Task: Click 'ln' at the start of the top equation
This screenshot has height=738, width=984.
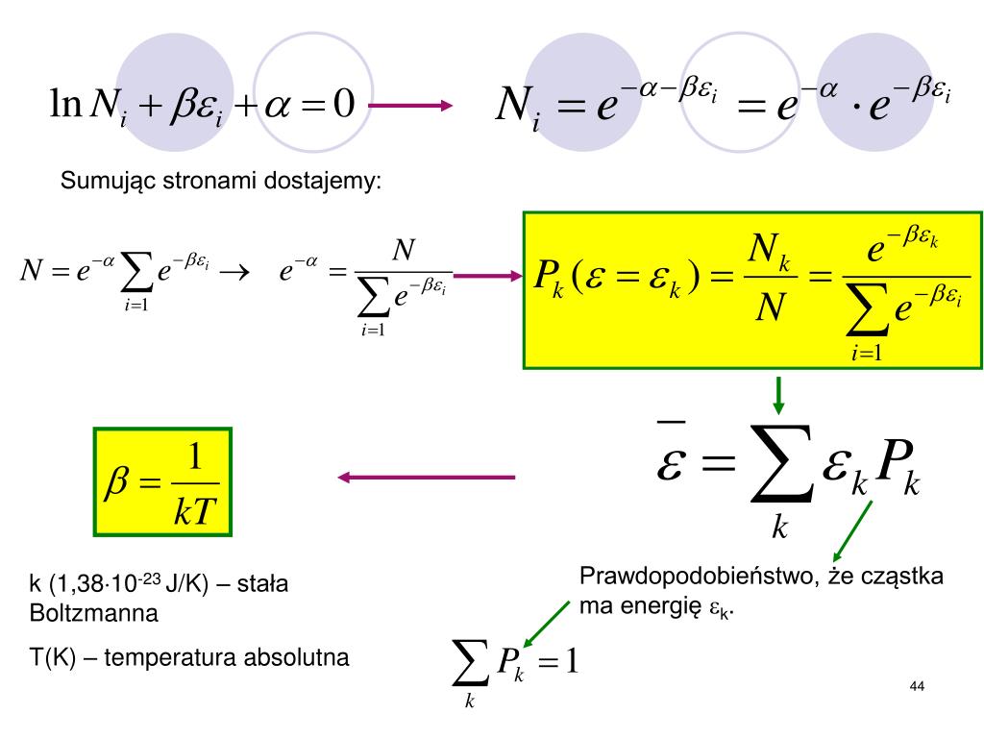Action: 67,100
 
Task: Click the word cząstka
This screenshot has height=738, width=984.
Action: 903,577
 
